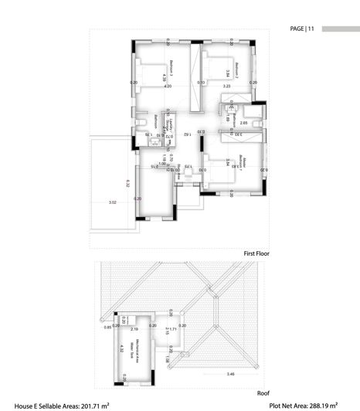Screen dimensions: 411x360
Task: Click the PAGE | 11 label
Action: pos(302,29)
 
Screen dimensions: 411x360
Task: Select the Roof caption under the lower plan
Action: pos(263,392)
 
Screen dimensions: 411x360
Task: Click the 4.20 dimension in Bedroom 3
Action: pos(168,87)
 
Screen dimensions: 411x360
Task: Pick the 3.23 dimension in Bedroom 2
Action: pos(226,87)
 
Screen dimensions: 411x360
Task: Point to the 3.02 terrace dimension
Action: pos(112,202)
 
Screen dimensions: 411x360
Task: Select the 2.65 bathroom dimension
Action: pos(243,123)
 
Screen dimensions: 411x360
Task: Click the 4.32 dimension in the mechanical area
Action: pos(122,348)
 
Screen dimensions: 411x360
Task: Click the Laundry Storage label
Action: pos(174,123)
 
